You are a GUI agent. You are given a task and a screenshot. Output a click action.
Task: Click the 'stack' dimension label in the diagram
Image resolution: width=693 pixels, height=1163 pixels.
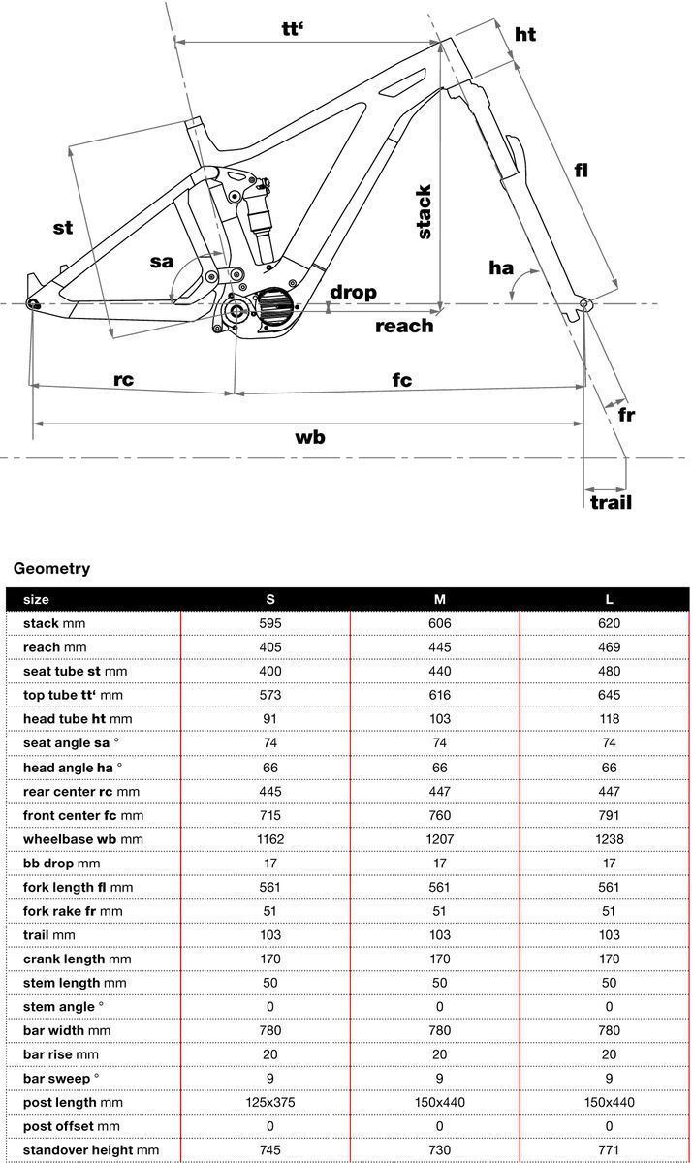pos(424,211)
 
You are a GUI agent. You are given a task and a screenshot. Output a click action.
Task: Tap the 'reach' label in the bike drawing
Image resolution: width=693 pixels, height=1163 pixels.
pos(404,326)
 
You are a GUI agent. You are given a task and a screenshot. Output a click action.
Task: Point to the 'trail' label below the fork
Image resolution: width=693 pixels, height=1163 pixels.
pos(611,502)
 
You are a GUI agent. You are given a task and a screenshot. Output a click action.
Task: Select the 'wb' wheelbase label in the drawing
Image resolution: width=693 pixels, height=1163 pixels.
pos(310,437)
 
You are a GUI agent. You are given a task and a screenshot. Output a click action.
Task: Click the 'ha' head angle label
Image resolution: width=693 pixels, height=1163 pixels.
pos(501,267)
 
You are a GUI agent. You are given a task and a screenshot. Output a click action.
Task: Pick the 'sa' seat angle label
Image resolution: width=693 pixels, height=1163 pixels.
pos(162,262)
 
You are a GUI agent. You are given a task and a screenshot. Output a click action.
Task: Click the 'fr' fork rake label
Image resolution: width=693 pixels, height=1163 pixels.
pos(627,414)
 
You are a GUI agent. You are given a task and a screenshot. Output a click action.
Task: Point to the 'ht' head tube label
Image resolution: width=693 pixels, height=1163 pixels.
pos(524,35)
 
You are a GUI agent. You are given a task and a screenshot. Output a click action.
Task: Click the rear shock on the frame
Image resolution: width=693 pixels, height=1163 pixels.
pos(260,213)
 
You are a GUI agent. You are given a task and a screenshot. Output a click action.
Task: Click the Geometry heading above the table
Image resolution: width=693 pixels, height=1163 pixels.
pos(51,568)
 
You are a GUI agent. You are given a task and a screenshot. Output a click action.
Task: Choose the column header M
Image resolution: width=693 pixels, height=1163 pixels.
pos(439,599)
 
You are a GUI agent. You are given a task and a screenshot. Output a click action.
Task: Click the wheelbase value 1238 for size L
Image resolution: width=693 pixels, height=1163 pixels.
pos(609,838)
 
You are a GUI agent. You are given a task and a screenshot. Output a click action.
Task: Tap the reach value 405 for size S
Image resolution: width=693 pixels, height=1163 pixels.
pos(270,646)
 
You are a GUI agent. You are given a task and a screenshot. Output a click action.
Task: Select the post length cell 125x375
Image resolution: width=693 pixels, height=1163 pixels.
pos(270,1102)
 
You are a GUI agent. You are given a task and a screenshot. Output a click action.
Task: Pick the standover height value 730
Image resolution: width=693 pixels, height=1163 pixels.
pos(439,1149)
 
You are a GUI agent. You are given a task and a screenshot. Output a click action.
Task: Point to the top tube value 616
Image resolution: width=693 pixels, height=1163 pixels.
pos(439,695)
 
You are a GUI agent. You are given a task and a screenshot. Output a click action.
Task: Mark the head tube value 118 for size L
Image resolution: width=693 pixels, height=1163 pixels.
pos(609,718)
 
